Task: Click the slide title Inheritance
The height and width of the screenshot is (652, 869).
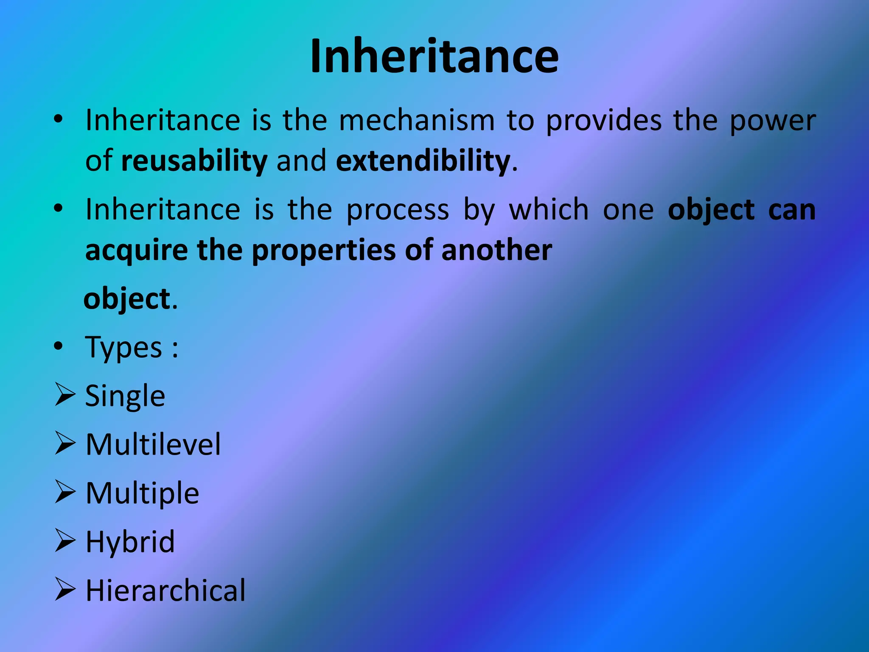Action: point(434,56)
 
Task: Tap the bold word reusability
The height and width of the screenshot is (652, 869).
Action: point(194,161)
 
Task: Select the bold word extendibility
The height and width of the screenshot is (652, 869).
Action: point(423,161)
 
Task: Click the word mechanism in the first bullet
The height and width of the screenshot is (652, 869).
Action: point(417,121)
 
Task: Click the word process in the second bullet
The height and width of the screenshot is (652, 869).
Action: point(398,210)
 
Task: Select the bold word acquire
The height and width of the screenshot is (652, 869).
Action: point(136,250)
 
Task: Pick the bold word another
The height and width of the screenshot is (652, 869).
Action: point(496,250)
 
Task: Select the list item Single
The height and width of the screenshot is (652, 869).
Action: point(125,396)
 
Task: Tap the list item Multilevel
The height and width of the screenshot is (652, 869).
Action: point(153,445)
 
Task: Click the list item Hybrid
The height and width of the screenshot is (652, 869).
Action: point(130,542)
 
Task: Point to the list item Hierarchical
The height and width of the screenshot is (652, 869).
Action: point(165,591)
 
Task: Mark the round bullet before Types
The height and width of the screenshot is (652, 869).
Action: point(58,346)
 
